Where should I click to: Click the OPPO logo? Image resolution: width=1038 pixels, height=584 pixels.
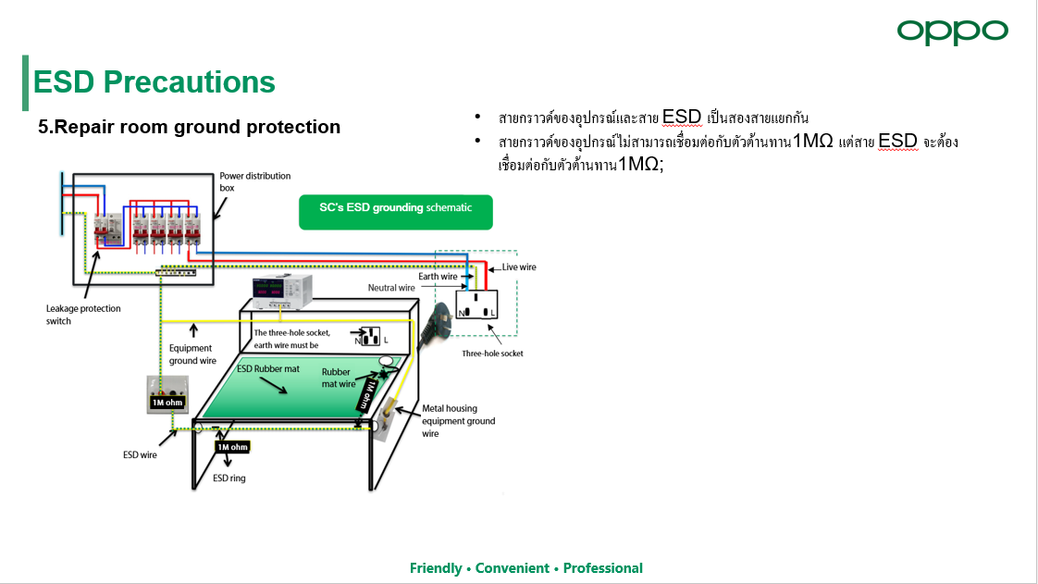(x=953, y=31)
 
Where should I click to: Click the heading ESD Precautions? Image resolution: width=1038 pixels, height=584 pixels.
(x=154, y=82)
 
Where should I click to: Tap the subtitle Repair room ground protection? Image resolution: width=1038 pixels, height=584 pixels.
(x=189, y=127)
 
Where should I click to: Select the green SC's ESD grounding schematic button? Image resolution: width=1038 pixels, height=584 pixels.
(x=396, y=212)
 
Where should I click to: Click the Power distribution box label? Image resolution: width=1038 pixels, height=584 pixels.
(x=254, y=181)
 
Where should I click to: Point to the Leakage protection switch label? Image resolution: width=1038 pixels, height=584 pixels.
(x=83, y=315)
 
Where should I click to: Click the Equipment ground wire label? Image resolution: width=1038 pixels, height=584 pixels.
(x=192, y=354)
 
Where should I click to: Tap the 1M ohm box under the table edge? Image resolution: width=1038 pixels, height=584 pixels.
(x=232, y=447)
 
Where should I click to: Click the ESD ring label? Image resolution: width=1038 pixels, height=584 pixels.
(x=229, y=478)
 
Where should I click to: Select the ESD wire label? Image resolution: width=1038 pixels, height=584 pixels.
(x=140, y=454)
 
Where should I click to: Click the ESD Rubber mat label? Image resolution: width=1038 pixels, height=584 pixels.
(x=268, y=368)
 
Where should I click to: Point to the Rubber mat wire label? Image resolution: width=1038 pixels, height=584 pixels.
(x=339, y=378)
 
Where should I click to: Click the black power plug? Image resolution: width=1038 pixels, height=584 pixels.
(x=437, y=323)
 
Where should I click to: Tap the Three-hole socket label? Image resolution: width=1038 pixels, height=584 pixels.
(x=492, y=354)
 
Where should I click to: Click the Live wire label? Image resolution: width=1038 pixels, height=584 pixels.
(x=519, y=267)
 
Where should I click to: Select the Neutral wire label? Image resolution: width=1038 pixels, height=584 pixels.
(x=391, y=287)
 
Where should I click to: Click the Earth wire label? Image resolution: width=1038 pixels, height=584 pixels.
(x=438, y=276)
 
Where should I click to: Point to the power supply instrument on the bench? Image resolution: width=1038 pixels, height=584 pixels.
(x=282, y=292)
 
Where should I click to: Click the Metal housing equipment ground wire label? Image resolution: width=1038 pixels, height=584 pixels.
(x=459, y=421)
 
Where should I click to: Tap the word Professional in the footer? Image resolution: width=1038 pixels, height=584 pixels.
(x=603, y=568)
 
